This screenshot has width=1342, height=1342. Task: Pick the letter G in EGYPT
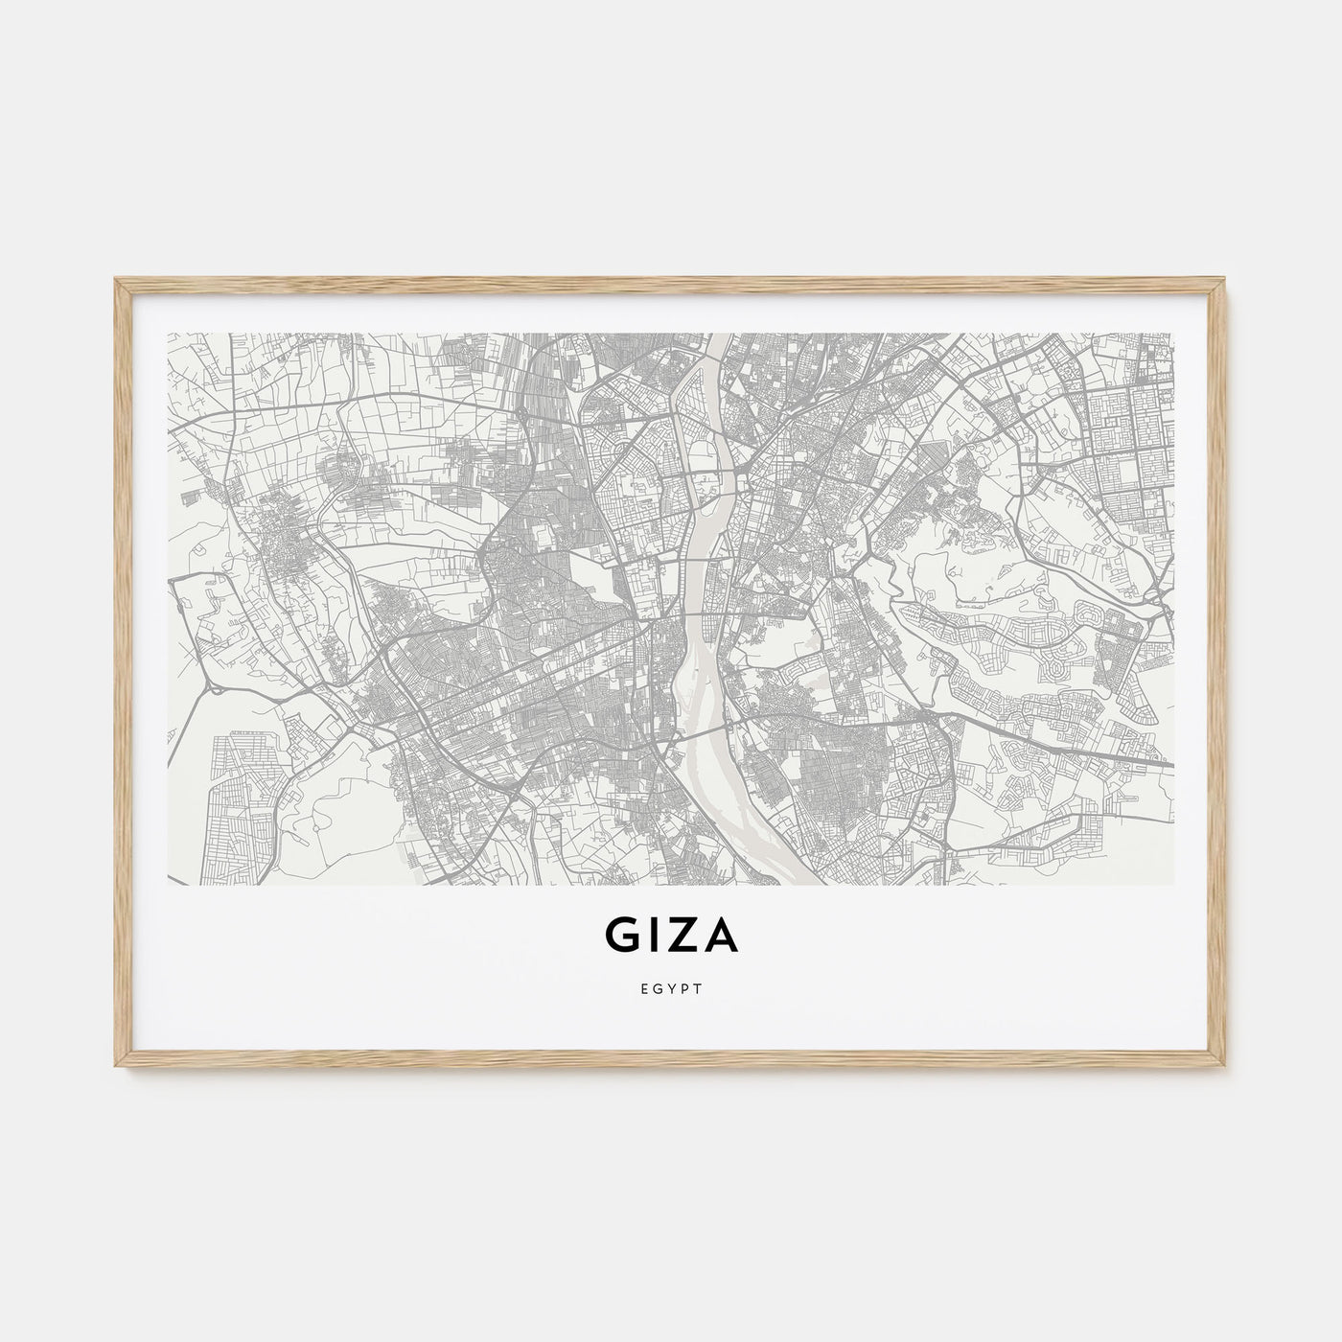[656, 989]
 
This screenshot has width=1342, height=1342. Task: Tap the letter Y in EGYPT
[671, 989]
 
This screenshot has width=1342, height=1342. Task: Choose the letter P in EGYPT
[685, 989]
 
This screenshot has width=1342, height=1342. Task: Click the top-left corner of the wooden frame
[115, 279]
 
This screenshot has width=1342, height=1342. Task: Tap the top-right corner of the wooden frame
[1228, 279]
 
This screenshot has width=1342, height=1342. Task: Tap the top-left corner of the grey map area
[169, 335]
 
